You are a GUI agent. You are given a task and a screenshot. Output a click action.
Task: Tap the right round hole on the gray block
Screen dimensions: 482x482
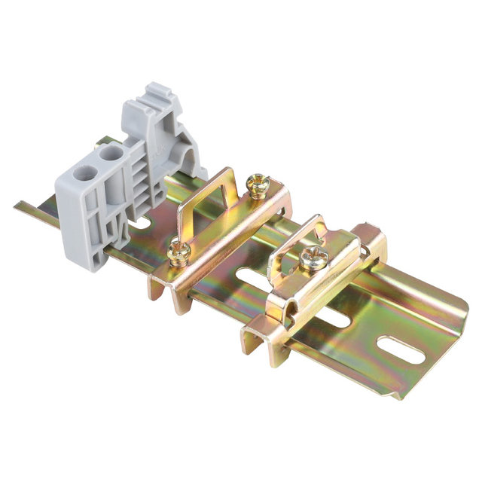click(x=111, y=154)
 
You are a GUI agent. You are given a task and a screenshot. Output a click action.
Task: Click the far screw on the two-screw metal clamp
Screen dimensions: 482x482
click(x=258, y=183)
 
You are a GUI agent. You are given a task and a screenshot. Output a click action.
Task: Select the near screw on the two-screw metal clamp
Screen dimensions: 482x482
click(x=179, y=253)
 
